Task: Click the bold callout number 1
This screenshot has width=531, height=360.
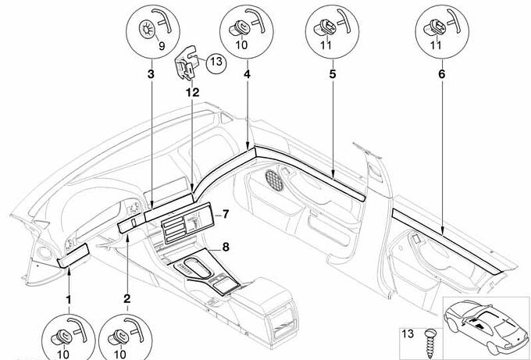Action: [68, 300]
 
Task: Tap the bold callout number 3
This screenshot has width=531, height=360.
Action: [150, 74]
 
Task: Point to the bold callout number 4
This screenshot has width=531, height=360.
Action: [247, 74]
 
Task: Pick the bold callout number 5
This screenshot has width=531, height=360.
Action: [332, 74]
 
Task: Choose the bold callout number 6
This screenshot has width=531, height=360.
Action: [441, 74]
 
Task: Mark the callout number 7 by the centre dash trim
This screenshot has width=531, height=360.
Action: [224, 214]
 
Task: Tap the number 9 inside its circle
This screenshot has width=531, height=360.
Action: [162, 46]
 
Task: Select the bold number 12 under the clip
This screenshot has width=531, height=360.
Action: [192, 93]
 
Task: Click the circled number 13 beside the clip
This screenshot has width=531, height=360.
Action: [216, 62]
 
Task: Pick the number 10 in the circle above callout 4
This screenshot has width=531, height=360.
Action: [242, 46]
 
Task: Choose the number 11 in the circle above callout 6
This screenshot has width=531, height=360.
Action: [435, 46]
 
